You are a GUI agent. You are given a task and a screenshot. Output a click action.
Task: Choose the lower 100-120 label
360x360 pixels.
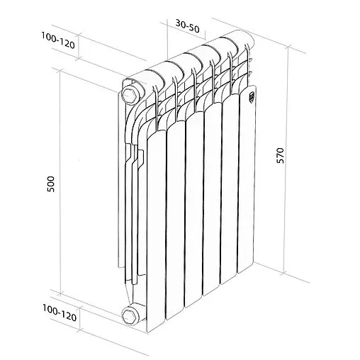[60, 310]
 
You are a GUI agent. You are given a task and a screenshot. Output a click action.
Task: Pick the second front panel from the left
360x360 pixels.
[176, 220]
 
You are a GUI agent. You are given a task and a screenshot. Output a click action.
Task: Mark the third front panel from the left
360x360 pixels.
[195, 213]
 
